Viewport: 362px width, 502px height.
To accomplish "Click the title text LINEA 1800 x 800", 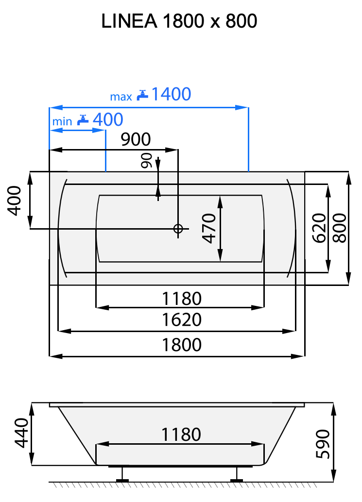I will click(179, 21).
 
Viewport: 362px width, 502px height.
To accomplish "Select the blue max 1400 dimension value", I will click(171, 94).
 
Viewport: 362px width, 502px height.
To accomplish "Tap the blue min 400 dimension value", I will click(107, 119).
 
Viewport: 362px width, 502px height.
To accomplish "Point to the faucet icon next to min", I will click(83, 119).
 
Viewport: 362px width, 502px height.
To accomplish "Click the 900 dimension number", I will click(136, 140).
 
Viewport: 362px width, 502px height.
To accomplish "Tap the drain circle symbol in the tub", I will click(178, 229).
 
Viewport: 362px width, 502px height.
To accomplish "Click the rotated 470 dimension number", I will click(209, 228).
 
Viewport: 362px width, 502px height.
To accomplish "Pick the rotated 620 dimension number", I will click(318, 228).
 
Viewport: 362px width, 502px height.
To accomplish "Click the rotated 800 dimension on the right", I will click(340, 228).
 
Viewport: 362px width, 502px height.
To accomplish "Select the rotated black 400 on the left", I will click(15, 201).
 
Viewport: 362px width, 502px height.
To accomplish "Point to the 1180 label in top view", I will click(181, 298).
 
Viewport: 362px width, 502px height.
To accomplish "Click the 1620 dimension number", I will click(181, 320).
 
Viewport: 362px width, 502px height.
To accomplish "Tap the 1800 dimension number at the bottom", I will click(181, 344).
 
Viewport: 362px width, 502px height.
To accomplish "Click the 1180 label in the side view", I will click(181, 434).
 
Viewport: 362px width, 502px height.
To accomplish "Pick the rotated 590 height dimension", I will click(323, 443).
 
